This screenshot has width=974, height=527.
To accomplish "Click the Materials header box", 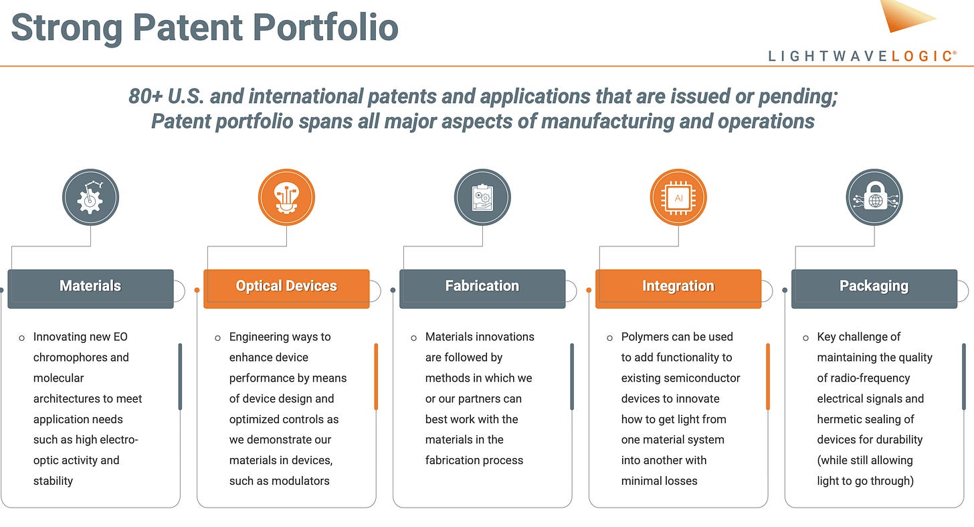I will [90, 288].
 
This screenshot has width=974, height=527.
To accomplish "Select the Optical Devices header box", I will [286, 288].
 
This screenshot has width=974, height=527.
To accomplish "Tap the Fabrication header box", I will [482, 288].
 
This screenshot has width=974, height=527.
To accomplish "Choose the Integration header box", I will [678, 288].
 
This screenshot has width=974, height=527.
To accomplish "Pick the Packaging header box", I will [874, 288].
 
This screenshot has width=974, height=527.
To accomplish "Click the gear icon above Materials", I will [90, 198].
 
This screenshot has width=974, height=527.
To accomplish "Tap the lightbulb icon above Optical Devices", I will [286, 198].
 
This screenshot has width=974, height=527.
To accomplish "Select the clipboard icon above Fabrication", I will [482, 198].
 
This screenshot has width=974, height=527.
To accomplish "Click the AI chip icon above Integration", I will [678, 198].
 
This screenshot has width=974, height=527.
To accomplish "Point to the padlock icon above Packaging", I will [874, 198].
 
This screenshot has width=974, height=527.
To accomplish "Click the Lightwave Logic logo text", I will [862, 56].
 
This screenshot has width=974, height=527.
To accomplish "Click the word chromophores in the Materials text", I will [80, 357].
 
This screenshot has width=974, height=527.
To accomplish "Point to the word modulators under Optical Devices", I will [300, 481].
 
